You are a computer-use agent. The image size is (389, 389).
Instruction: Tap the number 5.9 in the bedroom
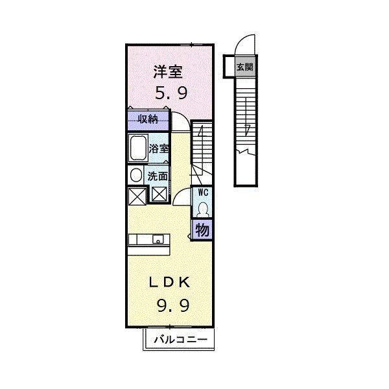click(171, 93)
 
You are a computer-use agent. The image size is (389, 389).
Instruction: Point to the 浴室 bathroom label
click(159, 148)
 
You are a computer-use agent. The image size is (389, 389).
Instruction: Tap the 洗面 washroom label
click(158, 176)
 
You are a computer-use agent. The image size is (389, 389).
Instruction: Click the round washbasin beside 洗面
click(136, 175)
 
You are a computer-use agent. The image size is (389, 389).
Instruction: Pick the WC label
click(202, 193)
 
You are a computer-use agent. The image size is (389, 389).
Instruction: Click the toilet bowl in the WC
click(202, 209)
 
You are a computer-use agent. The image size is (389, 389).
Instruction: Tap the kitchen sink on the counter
click(157, 240)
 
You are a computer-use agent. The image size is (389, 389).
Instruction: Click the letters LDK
click(171, 282)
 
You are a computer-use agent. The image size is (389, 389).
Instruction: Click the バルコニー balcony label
click(180, 340)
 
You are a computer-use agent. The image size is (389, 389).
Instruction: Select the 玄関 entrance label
click(244, 67)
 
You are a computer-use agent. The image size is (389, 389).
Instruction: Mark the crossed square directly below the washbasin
click(136, 194)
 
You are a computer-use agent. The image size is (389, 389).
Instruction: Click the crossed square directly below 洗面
click(159, 194)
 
